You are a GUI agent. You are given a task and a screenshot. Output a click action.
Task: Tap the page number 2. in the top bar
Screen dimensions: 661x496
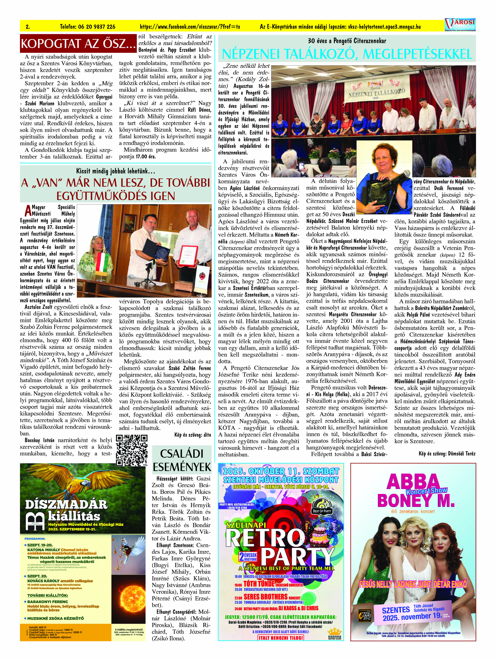(27, 27)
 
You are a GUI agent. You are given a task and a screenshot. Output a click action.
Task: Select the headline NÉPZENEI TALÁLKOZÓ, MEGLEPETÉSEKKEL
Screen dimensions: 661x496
(347, 54)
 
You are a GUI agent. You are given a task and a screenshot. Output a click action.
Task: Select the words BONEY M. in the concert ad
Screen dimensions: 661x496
(416, 501)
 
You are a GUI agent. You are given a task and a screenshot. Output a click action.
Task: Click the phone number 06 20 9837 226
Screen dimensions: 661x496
(88, 27)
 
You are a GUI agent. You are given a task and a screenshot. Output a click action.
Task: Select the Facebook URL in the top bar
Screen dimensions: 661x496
(190, 27)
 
